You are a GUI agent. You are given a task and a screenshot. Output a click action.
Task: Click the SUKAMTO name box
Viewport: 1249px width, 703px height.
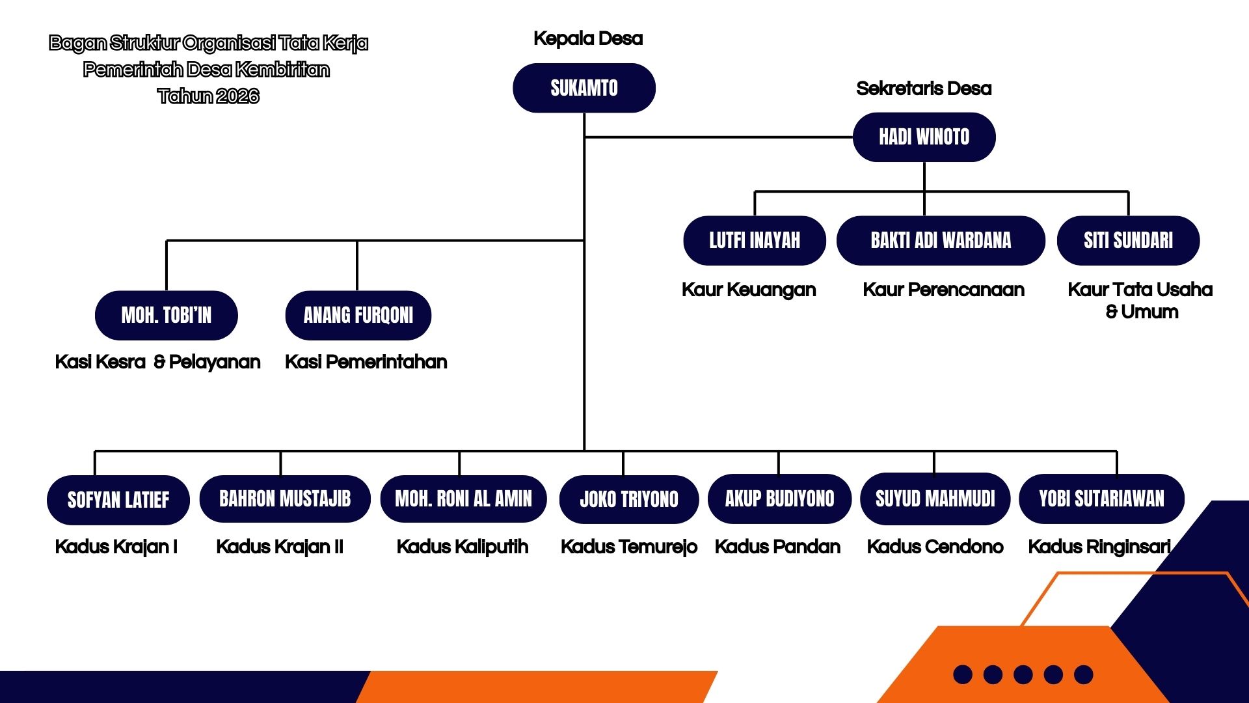[584, 88]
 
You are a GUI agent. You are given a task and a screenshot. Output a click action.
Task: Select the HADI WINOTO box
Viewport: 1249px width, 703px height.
[924, 137]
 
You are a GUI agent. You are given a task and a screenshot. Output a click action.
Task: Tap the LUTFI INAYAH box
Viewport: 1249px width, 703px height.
[754, 240]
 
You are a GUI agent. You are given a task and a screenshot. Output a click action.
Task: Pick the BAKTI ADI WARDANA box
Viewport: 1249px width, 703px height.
[941, 240]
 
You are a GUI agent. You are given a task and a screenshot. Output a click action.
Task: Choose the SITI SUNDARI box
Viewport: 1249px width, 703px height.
[1128, 240]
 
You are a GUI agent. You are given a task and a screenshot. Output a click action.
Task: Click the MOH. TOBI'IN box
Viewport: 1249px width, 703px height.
[166, 315]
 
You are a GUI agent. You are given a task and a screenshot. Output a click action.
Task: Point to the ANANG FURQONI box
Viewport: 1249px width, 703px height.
[358, 315]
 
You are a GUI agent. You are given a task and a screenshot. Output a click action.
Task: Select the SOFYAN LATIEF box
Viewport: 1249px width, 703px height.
[118, 500]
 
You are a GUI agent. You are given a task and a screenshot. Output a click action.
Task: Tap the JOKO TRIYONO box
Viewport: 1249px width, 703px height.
[628, 499]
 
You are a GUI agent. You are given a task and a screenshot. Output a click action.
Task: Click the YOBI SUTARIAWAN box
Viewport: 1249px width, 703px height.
[1101, 499]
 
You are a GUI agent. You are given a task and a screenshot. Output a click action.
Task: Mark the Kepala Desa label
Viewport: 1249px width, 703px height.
[588, 38]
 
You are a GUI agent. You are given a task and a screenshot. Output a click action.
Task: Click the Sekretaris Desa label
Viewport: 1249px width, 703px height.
[924, 89]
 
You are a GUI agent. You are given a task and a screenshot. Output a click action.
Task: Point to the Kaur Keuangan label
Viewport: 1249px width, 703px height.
[749, 290]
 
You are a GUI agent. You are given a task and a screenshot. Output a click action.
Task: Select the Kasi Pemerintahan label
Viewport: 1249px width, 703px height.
[366, 362]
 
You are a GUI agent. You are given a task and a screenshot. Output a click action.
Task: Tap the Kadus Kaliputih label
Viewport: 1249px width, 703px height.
[463, 547]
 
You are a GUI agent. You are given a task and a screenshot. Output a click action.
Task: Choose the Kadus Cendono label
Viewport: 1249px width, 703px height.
[935, 547]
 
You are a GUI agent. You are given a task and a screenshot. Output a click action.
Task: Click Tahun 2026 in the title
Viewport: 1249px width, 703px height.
[208, 96]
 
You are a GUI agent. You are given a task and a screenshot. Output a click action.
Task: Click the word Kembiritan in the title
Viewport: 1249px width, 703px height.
[282, 70]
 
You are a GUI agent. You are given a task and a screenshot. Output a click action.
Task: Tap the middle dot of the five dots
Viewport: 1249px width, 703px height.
[1023, 674]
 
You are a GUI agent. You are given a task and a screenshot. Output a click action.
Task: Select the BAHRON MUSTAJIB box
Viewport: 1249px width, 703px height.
[285, 499]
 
